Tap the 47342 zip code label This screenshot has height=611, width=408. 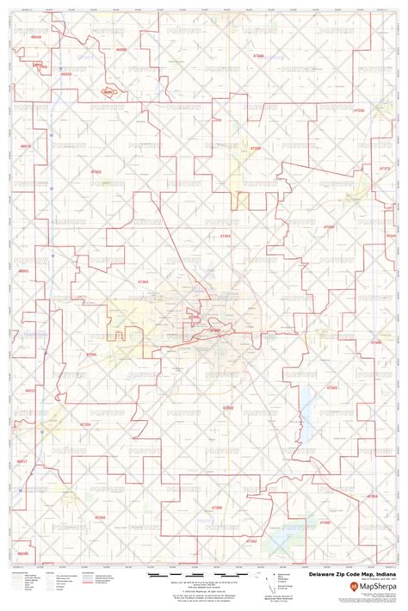coord(96,171)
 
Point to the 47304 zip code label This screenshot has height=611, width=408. coord(142,281)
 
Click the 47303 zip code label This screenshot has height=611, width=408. coord(226,234)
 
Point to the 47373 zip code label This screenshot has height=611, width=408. coord(385,168)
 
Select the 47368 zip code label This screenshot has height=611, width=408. coord(376,342)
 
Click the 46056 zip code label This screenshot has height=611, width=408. coord(23,553)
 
